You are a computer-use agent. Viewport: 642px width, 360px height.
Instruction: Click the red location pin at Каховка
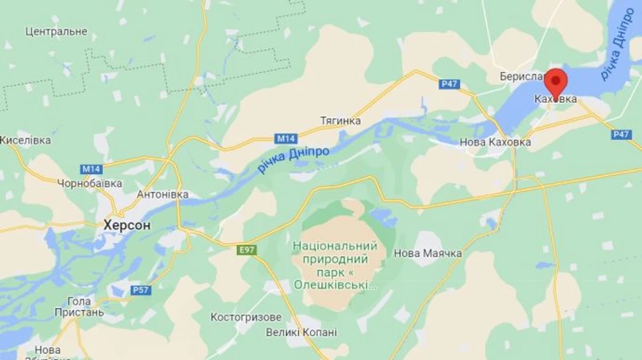[555, 82]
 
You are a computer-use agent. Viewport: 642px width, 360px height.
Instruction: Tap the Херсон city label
[126, 225]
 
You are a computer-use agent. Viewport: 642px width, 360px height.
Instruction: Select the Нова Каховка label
[495, 142]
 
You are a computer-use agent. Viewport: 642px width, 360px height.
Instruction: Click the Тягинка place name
[340, 120]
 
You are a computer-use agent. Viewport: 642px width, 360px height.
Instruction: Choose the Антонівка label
[163, 194]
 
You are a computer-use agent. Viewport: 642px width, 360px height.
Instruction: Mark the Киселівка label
[25, 140]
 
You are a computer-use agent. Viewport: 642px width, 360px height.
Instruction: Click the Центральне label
[56, 31]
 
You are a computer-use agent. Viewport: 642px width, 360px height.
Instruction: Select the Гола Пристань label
[78, 307]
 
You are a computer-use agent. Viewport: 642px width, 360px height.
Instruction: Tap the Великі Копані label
[301, 332]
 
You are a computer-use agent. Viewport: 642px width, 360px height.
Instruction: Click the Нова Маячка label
[427, 253]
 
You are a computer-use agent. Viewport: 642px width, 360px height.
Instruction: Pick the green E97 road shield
[247, 250]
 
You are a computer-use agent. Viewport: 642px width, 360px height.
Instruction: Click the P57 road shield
[141, 289]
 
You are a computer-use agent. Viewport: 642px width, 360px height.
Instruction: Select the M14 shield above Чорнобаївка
[91, 169]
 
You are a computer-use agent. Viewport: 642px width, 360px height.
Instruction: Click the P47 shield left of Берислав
[449, 84]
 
